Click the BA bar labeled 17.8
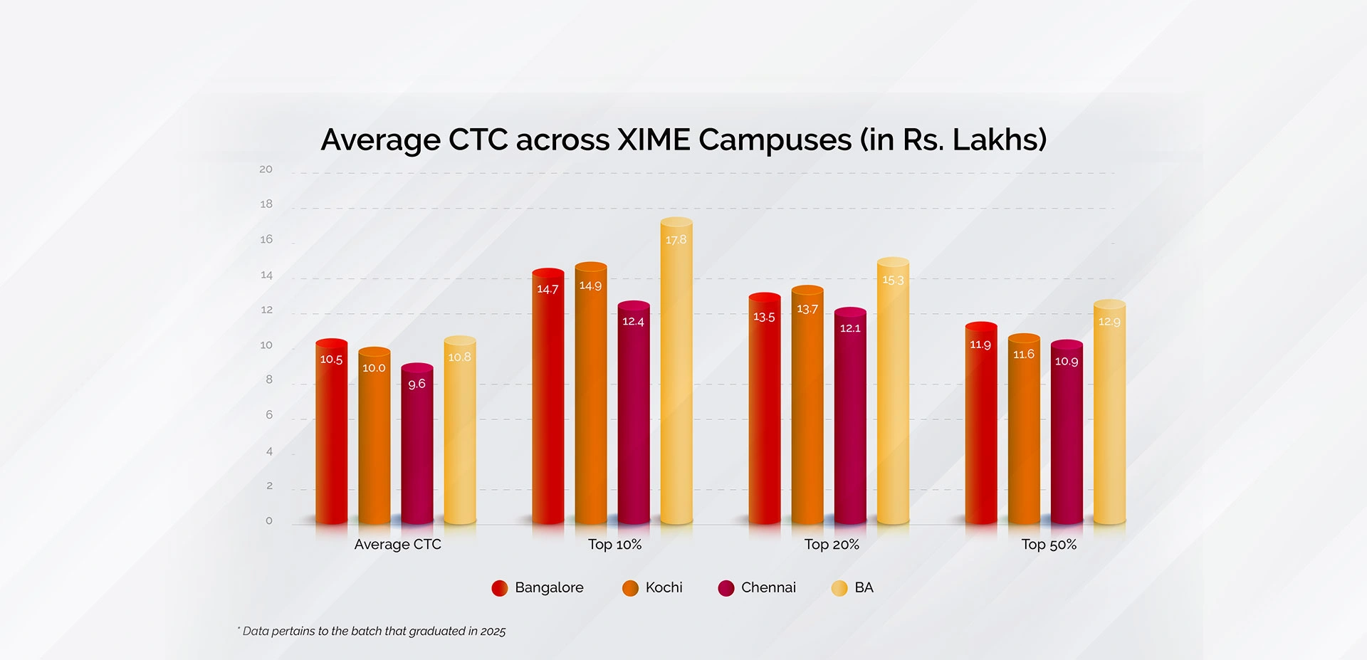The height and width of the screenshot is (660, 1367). pos(676,370)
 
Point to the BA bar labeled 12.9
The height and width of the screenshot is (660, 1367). pos(1109,413)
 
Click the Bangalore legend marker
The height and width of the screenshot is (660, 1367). pos(500,588)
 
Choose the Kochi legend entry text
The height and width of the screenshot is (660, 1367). pos(664,587)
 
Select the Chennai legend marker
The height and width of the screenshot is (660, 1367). pos(726,588)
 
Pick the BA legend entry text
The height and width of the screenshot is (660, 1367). pos(864,587)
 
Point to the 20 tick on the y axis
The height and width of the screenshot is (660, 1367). pos(266,169)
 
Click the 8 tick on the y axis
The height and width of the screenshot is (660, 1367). pos(268,379)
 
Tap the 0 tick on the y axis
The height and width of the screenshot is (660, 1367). pos(268,520)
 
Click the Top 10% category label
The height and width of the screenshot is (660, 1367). pos(614,545)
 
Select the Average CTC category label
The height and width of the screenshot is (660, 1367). pos(397,545)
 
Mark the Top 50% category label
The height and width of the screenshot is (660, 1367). pos(1049,545)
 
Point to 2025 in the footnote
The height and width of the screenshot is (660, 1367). pos(493,632)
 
